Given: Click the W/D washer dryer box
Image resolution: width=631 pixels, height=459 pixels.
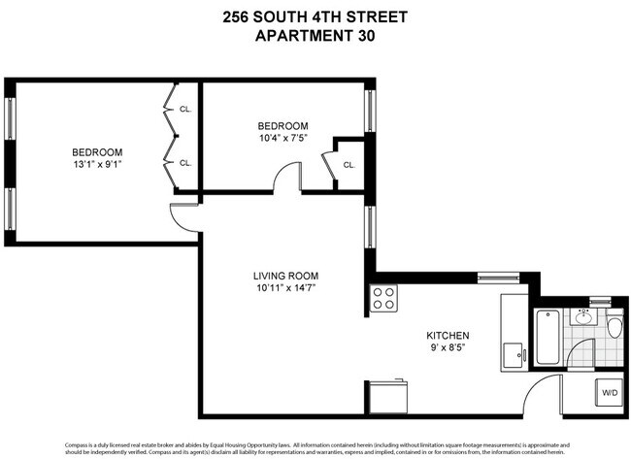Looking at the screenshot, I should (x=610, y=393).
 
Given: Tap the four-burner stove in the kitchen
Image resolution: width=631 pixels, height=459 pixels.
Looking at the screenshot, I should (x=383, y=298).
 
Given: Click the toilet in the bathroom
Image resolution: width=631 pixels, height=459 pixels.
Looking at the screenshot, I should (x=613, y=327).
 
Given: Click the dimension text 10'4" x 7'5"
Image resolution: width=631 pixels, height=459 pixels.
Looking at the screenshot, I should (x=282, y=139).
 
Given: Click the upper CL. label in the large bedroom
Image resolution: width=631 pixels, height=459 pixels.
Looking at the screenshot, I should (x=185, y=109).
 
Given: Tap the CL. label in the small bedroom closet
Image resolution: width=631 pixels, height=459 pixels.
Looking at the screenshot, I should (x=349, y=165).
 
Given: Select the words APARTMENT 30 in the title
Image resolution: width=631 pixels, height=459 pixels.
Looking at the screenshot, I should (x=315, y=37).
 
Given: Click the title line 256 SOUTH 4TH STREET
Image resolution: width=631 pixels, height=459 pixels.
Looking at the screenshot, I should (x=315, y=16).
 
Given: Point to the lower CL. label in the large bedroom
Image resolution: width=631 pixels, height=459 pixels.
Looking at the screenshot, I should (x=185, y=163).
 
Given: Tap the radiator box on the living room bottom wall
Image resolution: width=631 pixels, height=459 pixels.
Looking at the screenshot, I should (x=386, y=394).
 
